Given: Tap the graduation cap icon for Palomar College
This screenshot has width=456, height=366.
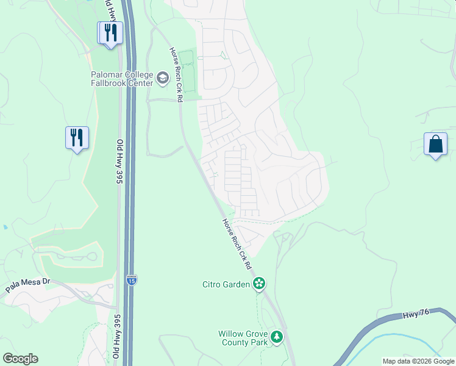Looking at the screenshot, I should [x=162, y=77].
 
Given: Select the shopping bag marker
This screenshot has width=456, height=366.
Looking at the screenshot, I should [x=436, y=145].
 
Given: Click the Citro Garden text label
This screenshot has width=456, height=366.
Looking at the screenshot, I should [x=226, y=284].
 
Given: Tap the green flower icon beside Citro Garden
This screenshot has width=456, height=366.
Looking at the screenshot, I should [x=259, y=283].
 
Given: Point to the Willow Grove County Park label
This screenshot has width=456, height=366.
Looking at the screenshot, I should [x=243, y=338].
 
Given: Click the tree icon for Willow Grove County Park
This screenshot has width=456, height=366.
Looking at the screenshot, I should [x=277, y=337].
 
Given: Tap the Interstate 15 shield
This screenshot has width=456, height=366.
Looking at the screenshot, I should [x=132, y=280].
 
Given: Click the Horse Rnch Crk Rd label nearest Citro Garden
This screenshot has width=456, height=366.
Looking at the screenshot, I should [x=237, y=244].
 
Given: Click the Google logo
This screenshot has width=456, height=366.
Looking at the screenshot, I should [x=20, y=359].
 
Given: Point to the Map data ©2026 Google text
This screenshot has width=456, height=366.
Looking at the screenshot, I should [x=418, y=361].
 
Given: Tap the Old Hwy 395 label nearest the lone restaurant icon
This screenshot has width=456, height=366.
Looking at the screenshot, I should [x=119, y=162].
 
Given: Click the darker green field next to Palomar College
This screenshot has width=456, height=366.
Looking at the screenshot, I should [x=190, y=76].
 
